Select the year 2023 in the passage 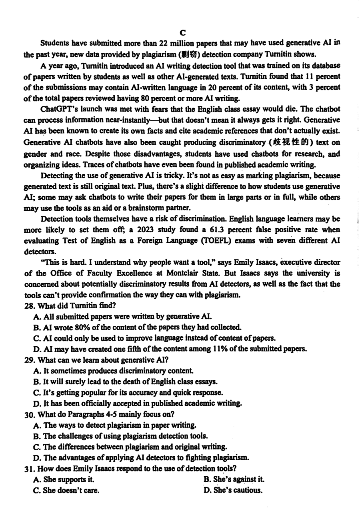pos(149,230)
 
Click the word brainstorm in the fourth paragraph pos(137,208)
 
